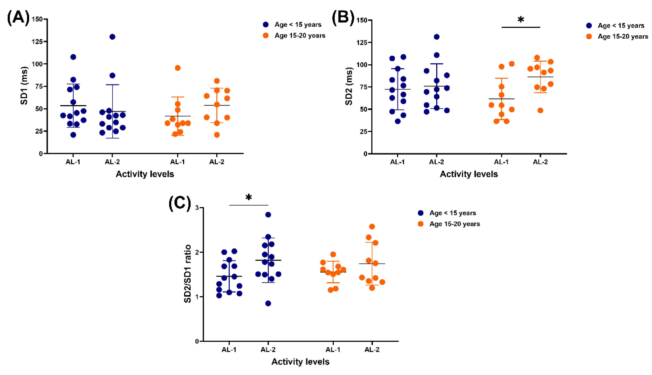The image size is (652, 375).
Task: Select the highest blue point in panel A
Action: tap(112, 37)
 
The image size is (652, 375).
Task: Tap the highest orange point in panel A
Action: tap(178, 68)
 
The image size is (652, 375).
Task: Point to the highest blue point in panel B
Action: tap(436, 37)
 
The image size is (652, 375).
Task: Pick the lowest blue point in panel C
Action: tap(268, 303)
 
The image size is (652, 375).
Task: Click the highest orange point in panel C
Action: tap(372, 227)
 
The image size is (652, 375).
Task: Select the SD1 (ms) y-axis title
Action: tap(24, 86)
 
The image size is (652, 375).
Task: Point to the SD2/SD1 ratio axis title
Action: tap(188, 274)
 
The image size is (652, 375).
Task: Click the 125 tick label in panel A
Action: tap(37, 42)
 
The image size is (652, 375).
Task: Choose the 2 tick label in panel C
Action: tap(197, 252)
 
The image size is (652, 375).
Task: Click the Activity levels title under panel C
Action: tap(300, 362)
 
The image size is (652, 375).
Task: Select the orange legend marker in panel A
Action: tap(265, 35)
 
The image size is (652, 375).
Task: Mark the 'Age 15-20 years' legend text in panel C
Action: tap(454, 224)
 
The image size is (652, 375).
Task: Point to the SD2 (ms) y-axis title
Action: tap(349, 86)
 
